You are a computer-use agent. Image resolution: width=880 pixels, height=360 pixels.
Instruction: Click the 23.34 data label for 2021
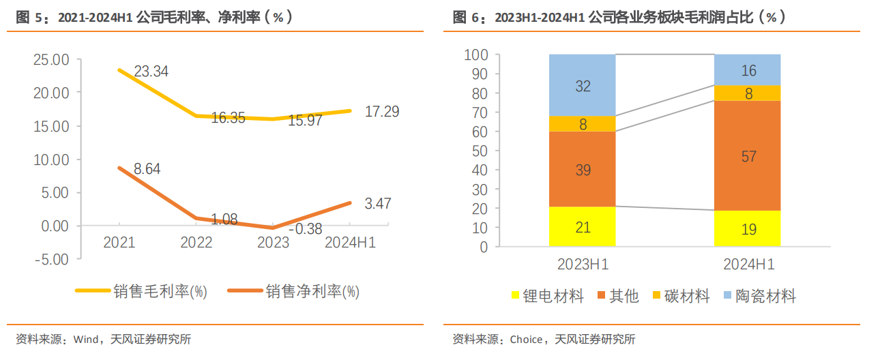[x=151, y=72]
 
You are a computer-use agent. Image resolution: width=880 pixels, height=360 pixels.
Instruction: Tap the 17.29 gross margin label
[x=382, y=111]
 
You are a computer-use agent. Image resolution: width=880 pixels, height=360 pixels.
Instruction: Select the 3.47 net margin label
[x=377, y=203]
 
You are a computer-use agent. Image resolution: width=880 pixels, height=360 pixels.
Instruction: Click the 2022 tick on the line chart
[x=196, y=243]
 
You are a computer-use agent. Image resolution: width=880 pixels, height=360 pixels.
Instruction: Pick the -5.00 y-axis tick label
[x=51, y=259]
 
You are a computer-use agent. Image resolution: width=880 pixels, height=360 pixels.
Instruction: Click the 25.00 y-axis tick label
[x=51, y=60]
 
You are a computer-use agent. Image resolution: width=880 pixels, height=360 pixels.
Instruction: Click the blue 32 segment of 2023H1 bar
[x=582, y=85]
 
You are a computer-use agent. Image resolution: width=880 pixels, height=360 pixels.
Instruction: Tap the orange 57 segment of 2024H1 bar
[x=748, y=155]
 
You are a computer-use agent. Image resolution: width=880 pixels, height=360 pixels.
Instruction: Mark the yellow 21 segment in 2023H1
[x=582, y=227]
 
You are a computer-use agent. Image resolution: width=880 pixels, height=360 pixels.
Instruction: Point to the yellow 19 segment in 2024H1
[x=748, y=229]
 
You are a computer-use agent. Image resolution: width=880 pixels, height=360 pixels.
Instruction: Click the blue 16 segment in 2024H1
[x=748, y=70]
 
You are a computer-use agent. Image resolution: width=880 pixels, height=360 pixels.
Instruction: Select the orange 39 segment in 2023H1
[x=582, y=170]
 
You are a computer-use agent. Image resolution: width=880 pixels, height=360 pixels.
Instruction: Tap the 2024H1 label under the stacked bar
[x=748, y=264]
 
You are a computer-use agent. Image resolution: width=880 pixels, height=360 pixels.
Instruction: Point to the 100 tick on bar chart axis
[x=475, y=55]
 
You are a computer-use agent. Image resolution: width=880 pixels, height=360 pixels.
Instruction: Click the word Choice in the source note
[x=526, y=340]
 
